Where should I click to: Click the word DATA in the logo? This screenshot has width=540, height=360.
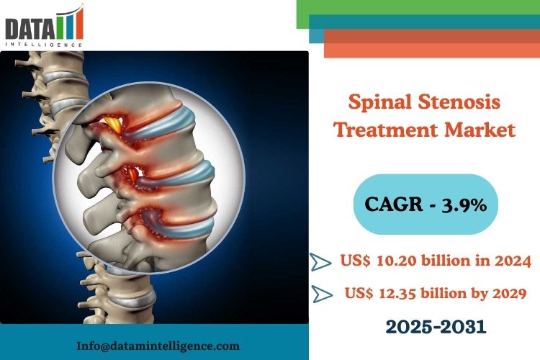[x=30, y=29]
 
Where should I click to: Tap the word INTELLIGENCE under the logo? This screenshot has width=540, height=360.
[x=44, y=45]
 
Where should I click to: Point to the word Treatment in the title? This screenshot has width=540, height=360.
[x=387, y=130]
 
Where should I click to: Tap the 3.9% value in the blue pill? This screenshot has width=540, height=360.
[x=464, y=204]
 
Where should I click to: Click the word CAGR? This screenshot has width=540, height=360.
[x=394, y=204]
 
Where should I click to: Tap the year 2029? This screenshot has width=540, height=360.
[x=509, y=294]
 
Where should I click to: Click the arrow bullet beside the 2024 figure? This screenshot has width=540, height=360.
[x=320, y=262]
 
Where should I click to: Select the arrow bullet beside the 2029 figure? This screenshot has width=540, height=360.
[x=323, y=294]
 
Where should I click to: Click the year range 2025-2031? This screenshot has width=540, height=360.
[x=436, y=326]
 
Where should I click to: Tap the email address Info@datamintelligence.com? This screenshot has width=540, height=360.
[x=158, y=346]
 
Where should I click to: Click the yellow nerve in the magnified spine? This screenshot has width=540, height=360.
[x=114, y=125]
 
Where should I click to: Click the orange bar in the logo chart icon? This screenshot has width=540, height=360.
[x=80, y=23]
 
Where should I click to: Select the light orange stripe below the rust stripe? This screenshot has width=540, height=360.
[x=432, y=50]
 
